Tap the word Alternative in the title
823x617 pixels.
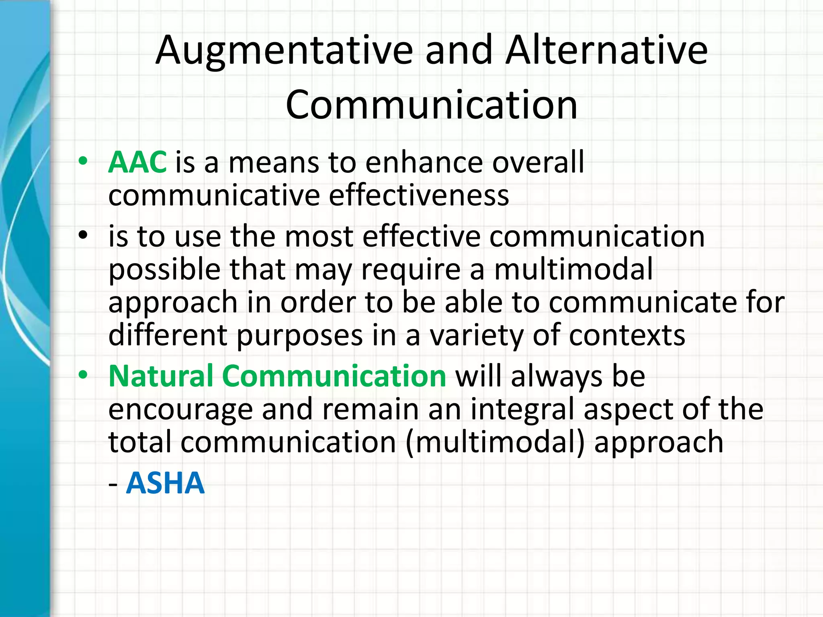click(x=606, y=50)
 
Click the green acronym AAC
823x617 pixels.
click(x=137, y=162)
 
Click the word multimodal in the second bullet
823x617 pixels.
click(x=573, y=269)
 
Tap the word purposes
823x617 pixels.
click(x=299, y=335)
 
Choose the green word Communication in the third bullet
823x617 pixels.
click(x=334, y=376)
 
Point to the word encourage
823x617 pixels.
click(x=180, y=409)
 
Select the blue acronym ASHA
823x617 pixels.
click(x=165, y=483)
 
